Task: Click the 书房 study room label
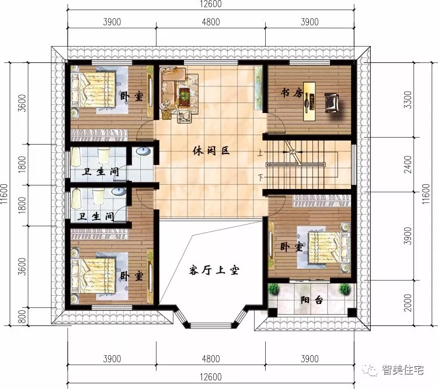pos(290,92)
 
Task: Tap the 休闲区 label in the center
pos(211,150)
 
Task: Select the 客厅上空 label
pos(215,270)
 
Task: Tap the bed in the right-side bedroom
pos(327,246)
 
